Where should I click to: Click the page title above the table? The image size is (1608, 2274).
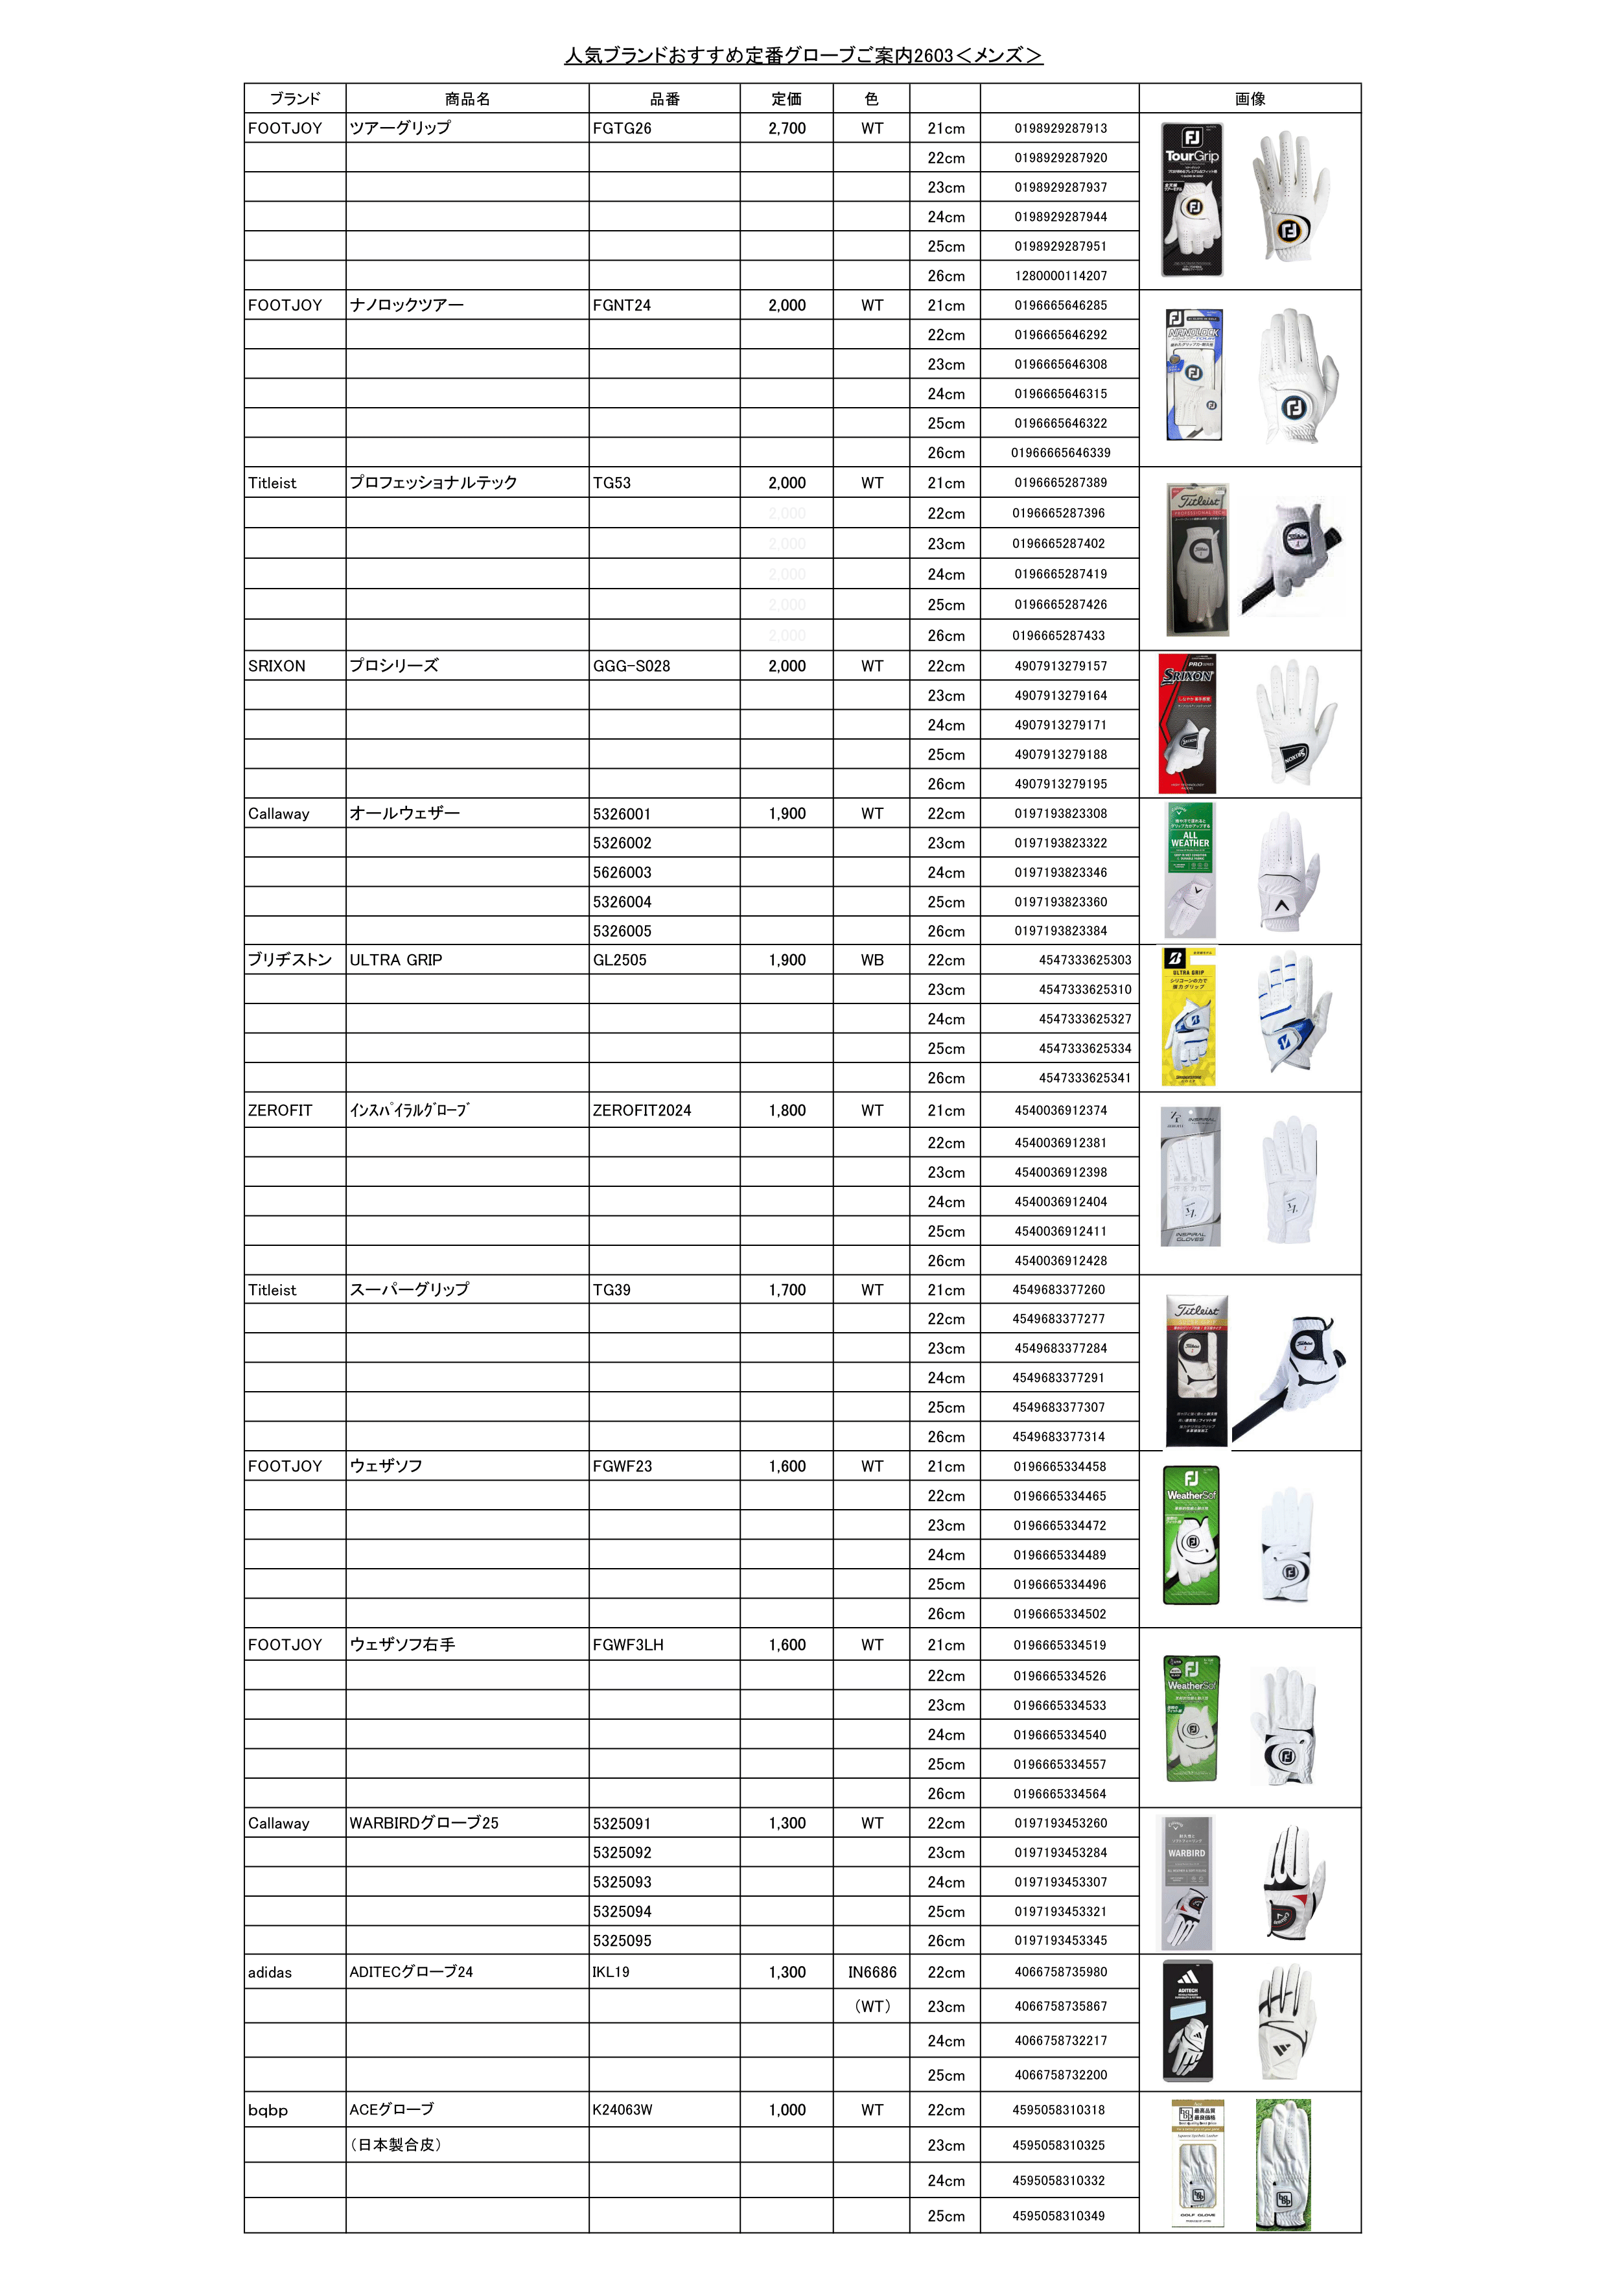(803, 56)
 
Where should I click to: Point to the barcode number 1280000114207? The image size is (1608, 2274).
(1060, 276)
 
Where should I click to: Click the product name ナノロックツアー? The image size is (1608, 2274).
(407, 305)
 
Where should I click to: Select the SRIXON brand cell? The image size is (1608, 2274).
(277, 666)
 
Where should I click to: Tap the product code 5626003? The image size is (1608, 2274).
(622, 873)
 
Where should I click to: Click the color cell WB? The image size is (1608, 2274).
(871, 961)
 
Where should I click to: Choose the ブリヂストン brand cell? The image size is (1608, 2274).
(290, 961)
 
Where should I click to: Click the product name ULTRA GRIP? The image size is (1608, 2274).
(396, 961)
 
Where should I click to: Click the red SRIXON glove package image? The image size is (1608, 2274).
(1187, 724)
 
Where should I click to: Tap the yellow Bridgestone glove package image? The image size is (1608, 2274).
(1188, 1017)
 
